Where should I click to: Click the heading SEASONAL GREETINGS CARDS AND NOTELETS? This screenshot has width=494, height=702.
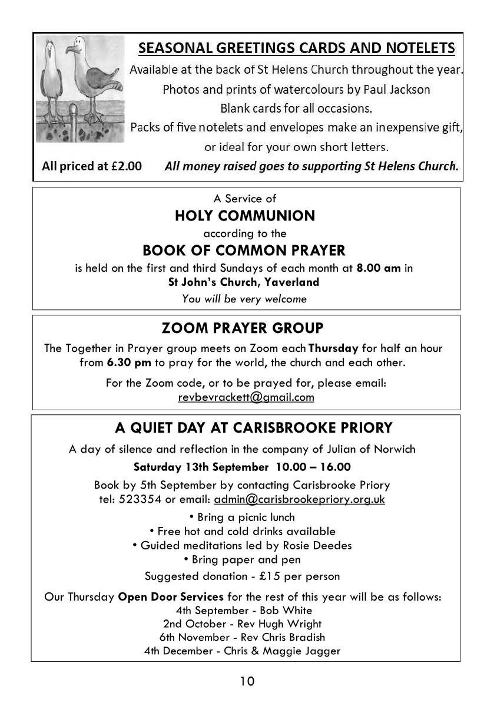296,48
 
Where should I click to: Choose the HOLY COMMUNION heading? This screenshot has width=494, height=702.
245,216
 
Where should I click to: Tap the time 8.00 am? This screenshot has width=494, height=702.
379,268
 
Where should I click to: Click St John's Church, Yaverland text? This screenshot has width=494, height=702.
244,282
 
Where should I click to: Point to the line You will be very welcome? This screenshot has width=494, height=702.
244,298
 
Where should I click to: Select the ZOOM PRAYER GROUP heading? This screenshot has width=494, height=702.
243,328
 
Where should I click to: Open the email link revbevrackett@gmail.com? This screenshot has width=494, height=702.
246,397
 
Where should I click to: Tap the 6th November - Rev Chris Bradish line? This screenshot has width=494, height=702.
242,637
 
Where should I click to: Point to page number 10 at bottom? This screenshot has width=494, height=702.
247,681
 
